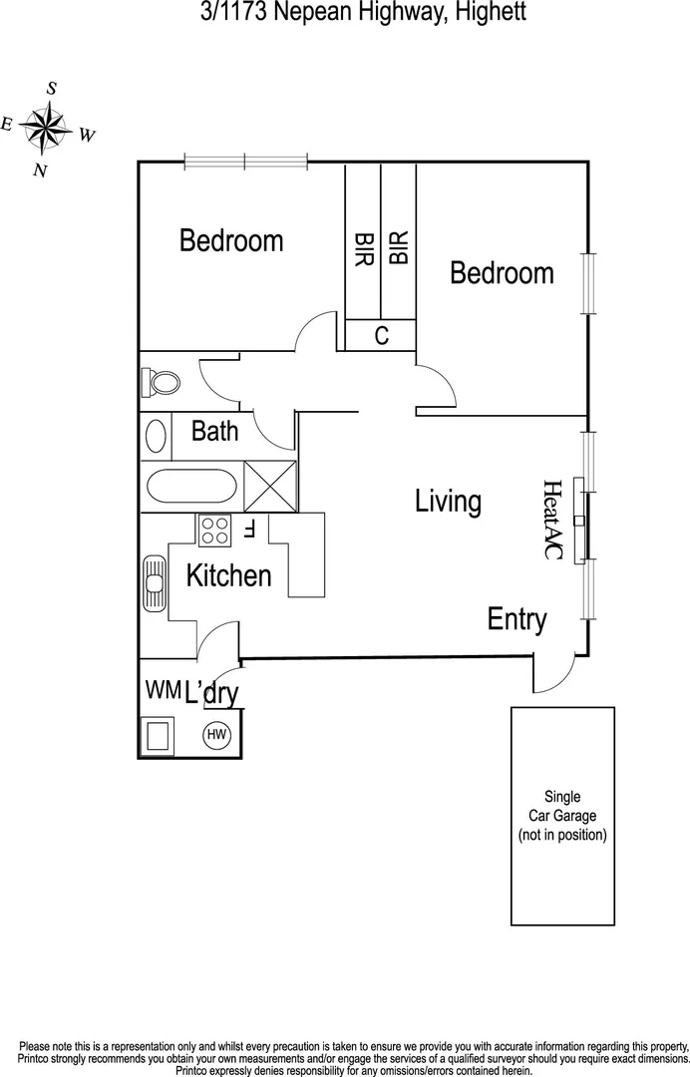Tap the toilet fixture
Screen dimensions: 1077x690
(x=163, y=381)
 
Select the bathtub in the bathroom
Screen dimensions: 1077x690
(x=192, y=489)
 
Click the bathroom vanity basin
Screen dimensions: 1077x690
(x=157, y=436)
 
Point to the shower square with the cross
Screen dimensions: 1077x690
(x=270, y=489)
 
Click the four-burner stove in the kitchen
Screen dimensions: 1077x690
(x=214, y=530)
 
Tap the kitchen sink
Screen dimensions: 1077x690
(x=155, y=585)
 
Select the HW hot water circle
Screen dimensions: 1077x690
(x=216, y=736)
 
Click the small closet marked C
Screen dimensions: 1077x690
(x=381, y=336)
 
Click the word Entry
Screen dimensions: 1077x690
(x=517, y=619)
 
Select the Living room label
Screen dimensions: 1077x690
(x=448, y=501)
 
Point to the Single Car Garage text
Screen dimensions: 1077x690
(x=561, y=815)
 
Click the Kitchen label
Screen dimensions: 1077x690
(x=228, y=575)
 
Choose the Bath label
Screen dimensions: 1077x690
(x=214, y=431)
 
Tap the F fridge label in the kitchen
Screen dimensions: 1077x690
(x=250, y=529)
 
